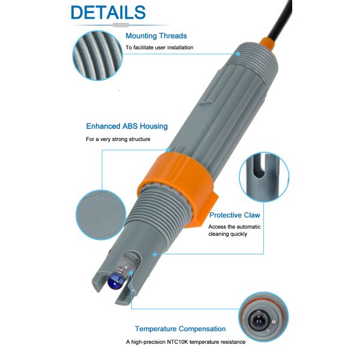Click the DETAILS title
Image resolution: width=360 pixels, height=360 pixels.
108,12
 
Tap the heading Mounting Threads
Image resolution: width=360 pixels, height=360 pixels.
156,36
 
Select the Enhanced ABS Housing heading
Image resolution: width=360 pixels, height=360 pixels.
127,126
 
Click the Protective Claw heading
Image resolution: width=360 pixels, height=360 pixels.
235,215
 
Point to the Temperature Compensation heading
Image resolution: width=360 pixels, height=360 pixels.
180,329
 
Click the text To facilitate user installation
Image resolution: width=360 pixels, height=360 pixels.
160,47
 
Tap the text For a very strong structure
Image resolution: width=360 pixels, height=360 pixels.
118,139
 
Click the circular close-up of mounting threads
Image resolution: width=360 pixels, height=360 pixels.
98,55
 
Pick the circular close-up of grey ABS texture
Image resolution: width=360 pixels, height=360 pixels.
101,215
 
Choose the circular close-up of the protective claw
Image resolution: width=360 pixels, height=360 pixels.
264,177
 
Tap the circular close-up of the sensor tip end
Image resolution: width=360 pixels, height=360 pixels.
263,317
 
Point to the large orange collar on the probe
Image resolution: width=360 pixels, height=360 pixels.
181,187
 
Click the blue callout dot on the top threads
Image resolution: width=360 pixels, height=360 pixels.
238,54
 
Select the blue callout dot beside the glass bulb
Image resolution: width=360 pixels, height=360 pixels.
131,273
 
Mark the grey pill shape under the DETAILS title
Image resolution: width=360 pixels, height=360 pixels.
121,25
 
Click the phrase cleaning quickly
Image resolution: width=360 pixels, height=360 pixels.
228,234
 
